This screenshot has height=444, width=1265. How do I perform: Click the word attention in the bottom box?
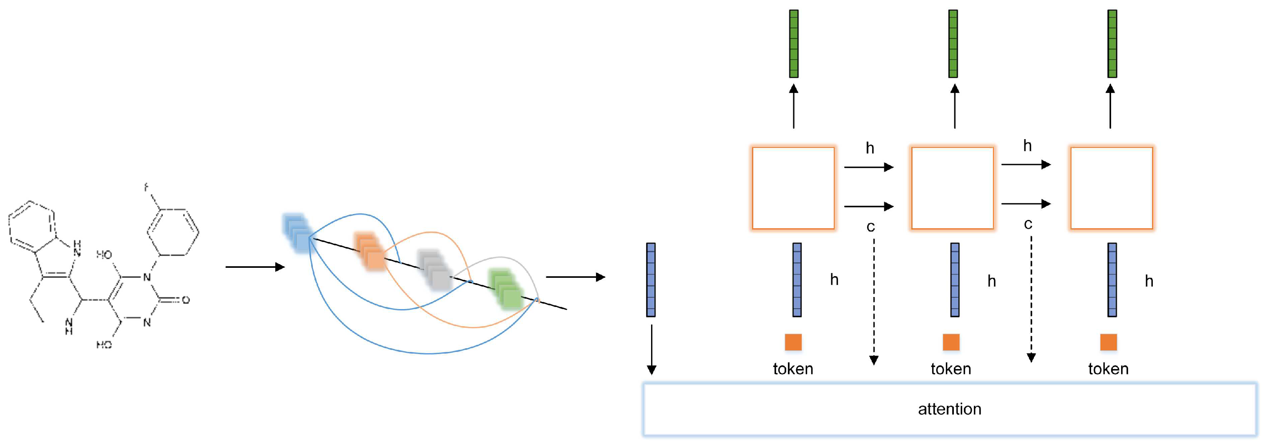[949, 409]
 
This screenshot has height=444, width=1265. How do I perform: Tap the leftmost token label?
[792, 369]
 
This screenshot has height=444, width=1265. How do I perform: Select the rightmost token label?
[1108, 369]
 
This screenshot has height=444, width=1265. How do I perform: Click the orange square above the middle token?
[951, 342]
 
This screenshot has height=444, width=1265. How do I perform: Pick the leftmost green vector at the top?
[794, 44]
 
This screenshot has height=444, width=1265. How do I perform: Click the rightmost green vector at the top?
[1112, 44]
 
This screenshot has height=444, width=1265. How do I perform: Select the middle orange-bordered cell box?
[952, 188]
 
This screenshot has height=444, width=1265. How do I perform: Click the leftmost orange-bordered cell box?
[793, 188]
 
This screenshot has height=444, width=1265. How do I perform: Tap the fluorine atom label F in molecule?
[146, 187]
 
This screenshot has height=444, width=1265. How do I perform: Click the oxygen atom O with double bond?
[186, 300]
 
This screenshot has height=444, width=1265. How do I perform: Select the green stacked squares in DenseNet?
[506, 289]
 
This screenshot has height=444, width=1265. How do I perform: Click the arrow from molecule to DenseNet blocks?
[254, 267]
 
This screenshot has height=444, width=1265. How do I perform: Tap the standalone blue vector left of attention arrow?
[651, 279]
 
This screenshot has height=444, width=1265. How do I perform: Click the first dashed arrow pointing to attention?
[874, 302]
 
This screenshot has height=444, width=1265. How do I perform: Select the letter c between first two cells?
[870, 227]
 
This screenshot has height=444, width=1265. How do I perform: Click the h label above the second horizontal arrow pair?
[1027, 146]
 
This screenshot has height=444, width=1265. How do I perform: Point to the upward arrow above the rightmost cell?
[1110, 105]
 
